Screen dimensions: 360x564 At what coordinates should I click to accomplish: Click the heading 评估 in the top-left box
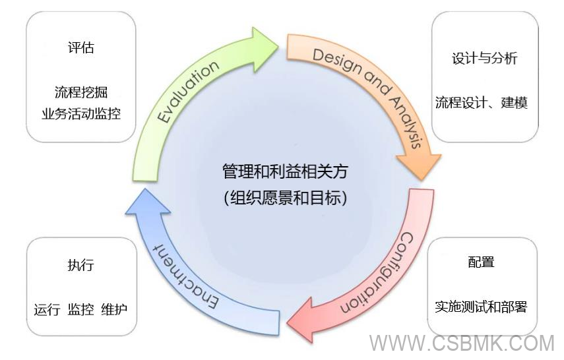[80, 48]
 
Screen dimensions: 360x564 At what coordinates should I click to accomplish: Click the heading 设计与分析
[484, 58]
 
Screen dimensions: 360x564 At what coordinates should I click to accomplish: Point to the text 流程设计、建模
[481, 103]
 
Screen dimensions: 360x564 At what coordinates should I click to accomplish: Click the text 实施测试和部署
[481, 307]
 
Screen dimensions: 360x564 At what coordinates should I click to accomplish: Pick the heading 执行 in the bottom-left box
[80, 265]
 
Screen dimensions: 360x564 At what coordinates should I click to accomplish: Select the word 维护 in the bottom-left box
[114, 309]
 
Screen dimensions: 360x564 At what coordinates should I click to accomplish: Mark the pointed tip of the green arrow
[278, 44]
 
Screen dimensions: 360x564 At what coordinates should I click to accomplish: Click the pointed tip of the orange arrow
[422, 179]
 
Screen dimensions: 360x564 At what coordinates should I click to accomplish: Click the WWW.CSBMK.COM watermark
[462, 344]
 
